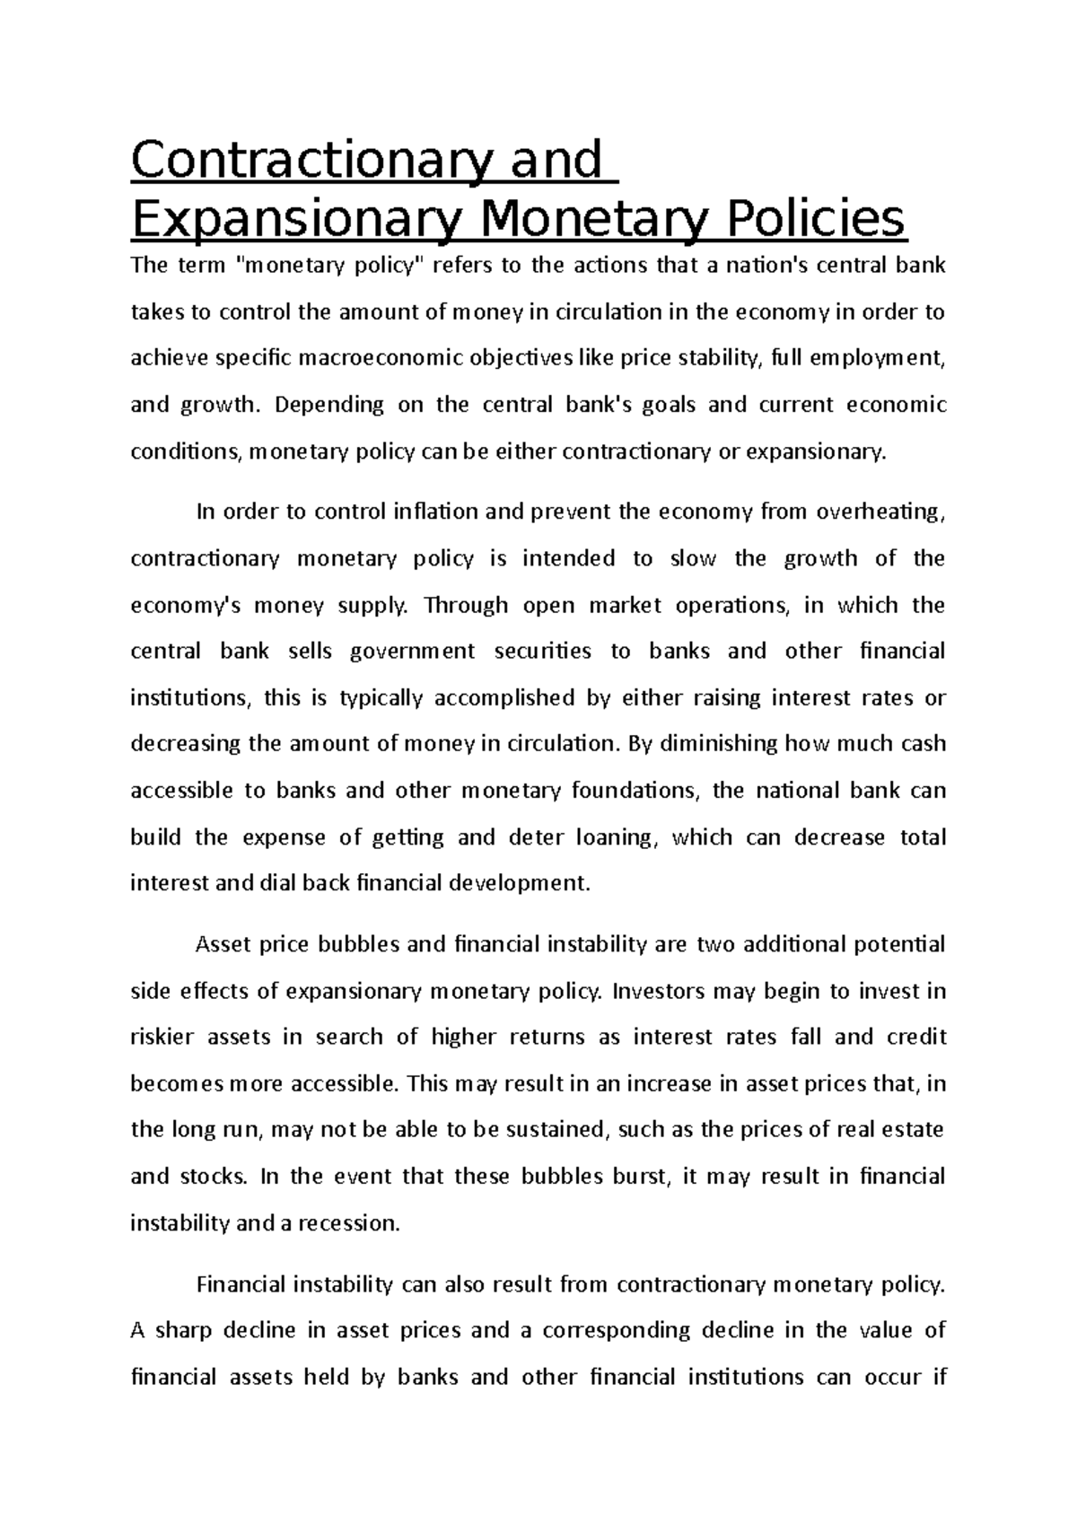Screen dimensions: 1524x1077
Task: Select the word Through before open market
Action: point(466,605)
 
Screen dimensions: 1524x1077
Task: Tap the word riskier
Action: point(162,1038)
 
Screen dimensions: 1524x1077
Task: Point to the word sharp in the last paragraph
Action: point(183,1331)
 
